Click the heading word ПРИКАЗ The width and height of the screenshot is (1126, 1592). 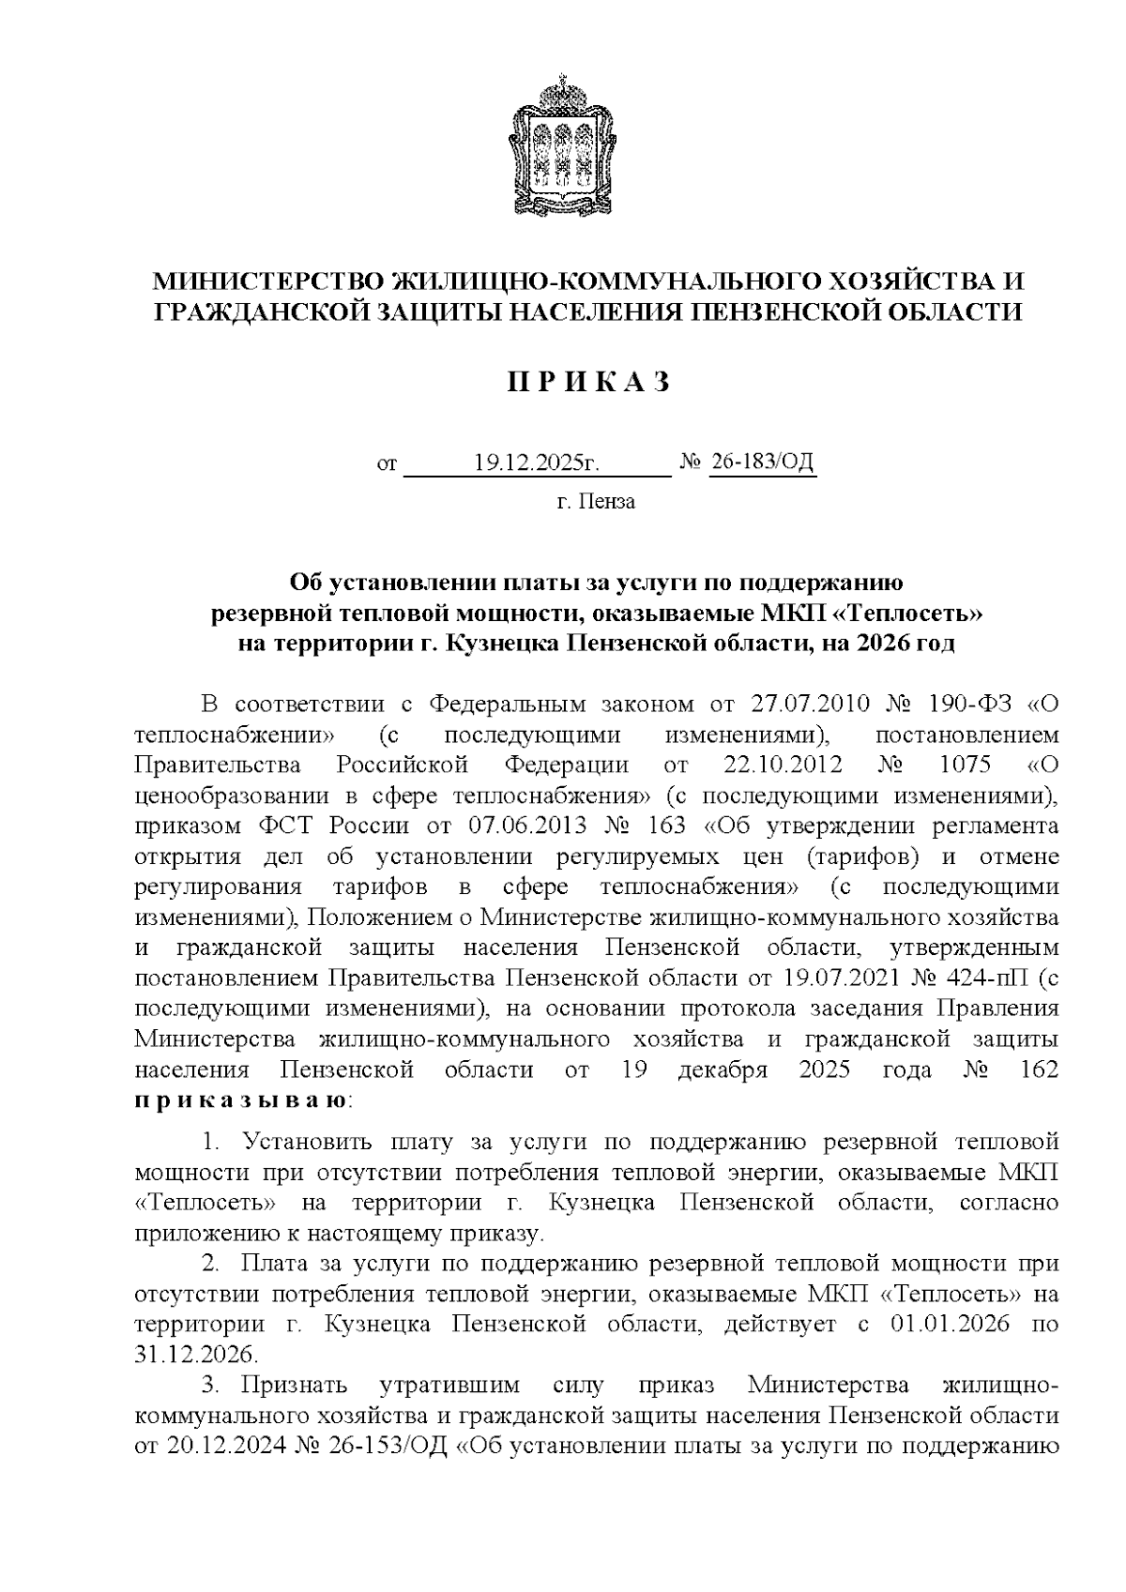point(589,382)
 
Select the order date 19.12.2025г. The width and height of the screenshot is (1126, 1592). point(536,462)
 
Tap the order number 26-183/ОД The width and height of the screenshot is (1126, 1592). point(762,462)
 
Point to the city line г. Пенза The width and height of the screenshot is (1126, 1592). point(595,502)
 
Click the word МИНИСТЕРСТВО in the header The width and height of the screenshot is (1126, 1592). point(269,281)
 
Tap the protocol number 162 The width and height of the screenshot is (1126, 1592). point(1038,1069)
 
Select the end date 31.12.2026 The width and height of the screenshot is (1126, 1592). point(194,1355)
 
